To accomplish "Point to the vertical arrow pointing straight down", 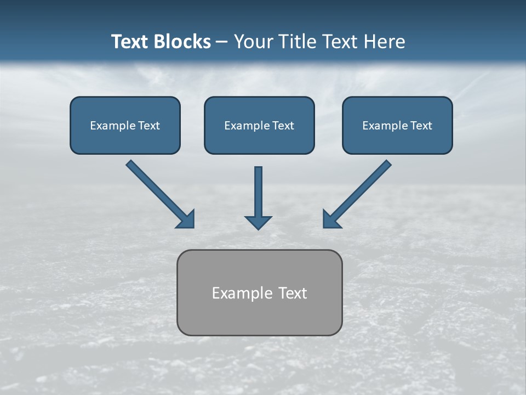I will (x=258, y=192).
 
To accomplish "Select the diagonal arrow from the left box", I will (x=156, y=190).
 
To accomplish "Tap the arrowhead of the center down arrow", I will (x=258, y=222).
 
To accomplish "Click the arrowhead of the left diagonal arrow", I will (x=186, y=219).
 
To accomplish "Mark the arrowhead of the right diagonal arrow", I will (x=331, y=219).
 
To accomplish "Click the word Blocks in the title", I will (x=184, y=42).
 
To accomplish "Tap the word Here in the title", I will (x=385, y=42).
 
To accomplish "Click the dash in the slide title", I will (x=222, y=42).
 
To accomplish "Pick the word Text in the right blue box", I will (x=421, y=126).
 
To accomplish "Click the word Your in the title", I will (x=251, y=42).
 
